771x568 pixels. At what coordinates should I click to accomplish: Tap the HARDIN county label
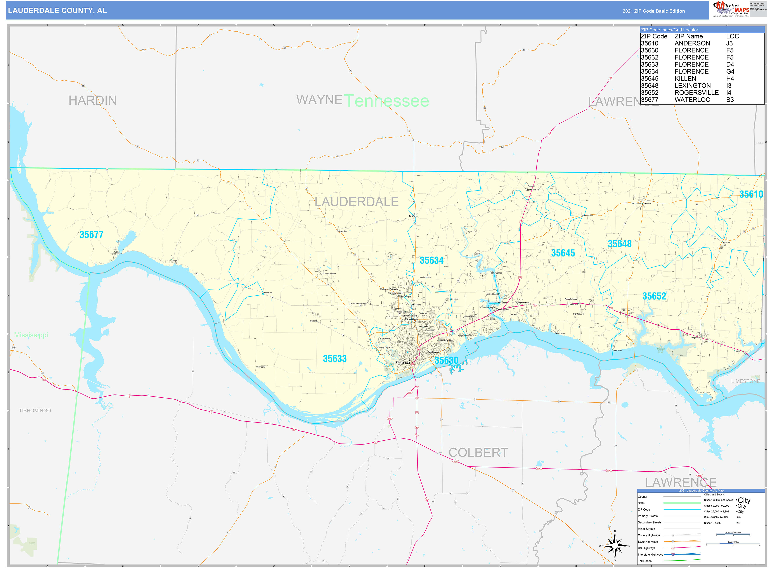pos(92,101)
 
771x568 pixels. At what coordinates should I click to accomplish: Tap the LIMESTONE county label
pos(745,381)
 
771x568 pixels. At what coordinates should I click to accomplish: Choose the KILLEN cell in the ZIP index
pos(685,79)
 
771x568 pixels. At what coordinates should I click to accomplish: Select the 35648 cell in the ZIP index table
pos(649,86)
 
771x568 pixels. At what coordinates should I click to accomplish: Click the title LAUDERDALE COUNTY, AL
pos(57,11)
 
